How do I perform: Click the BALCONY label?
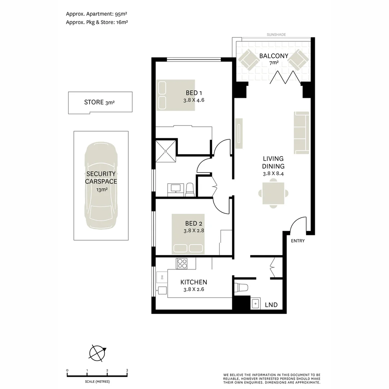(x=274, y=56)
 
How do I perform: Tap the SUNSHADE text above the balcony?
(x=276, y=35)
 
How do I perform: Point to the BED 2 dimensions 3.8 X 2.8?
(x=194, y=231)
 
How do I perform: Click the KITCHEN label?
(x=193, y=282)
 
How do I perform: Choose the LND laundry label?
(x=271, y=305)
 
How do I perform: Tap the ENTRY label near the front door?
(x=298, y=241)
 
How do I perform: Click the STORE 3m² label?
(x=99, y=102)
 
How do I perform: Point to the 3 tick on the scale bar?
(x=127, y=370)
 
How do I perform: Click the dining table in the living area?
(x=273, y=193)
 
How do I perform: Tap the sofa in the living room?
(x=301, y=133)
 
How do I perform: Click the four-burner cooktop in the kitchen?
(x=182, y=264)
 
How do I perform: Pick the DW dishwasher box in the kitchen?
(x=162, y=277)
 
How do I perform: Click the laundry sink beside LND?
(x=255, y=304)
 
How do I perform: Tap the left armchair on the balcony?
(x=248, y=59)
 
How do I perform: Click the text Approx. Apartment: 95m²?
(x=97, y=14)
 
